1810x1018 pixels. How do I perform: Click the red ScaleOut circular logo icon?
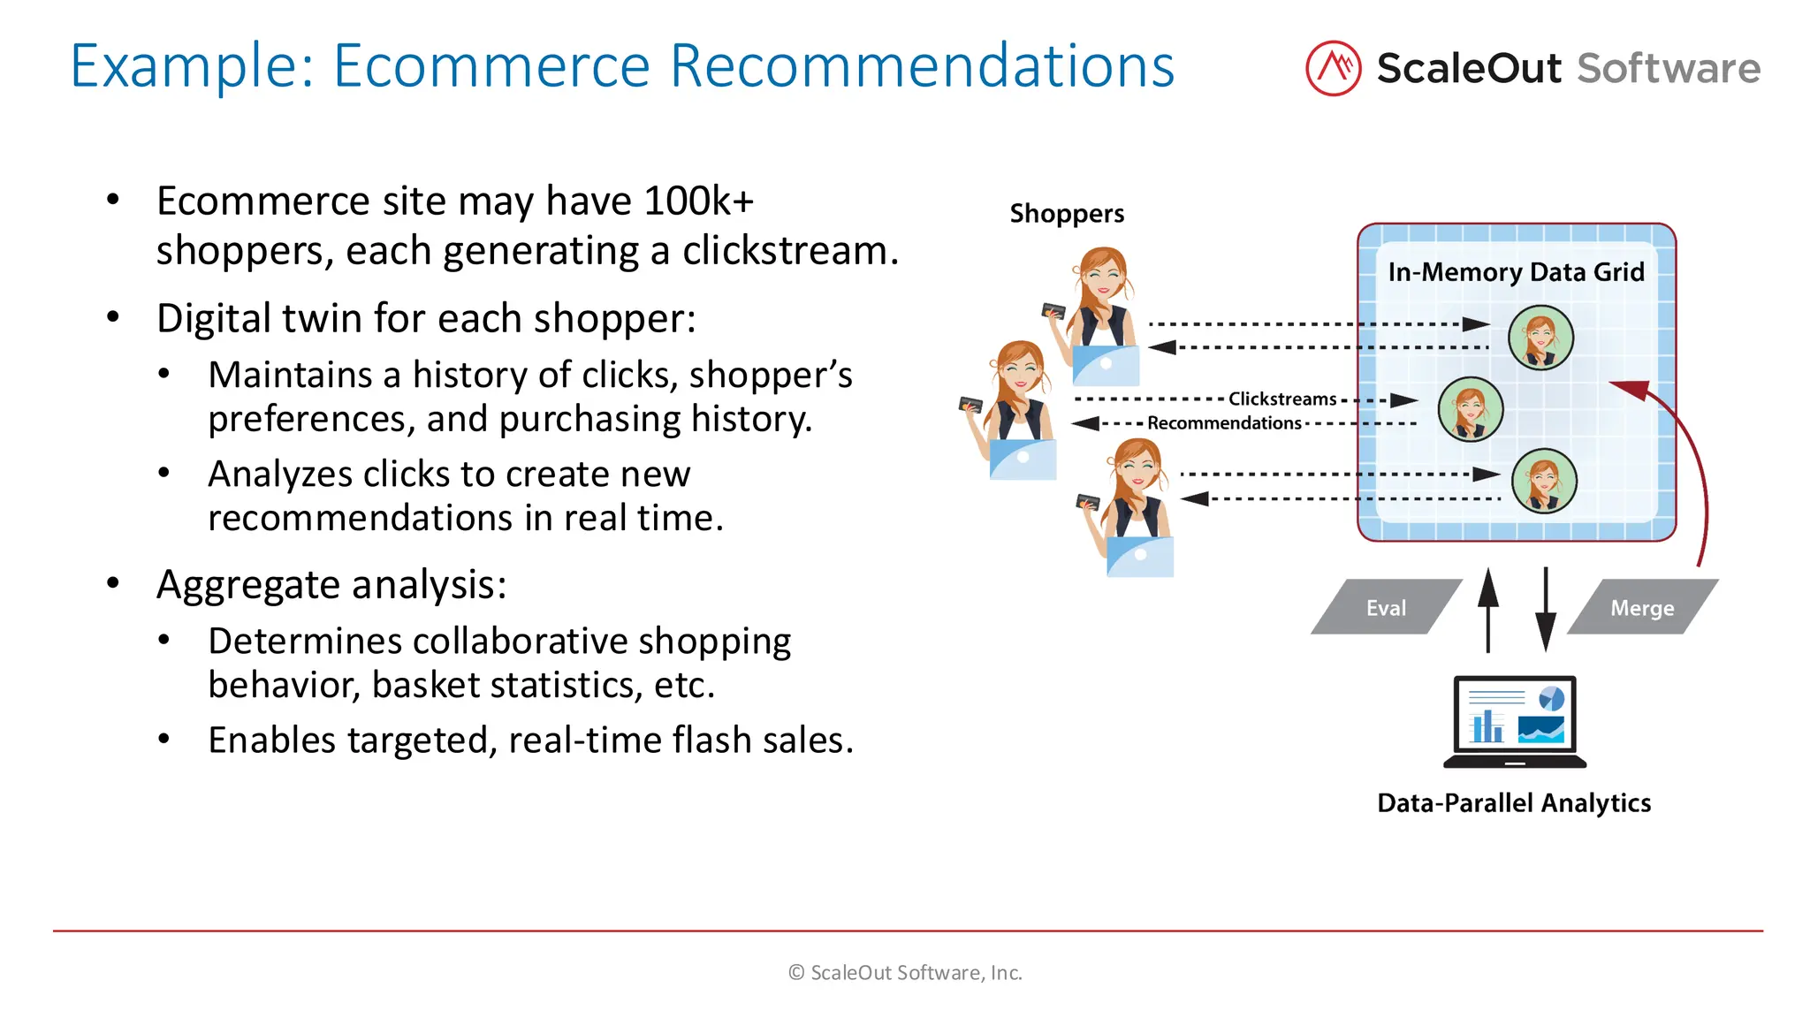coord(1333,68)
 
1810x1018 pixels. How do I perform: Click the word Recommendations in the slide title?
coord(922,66)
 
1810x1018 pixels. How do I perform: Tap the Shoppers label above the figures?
coord(1067,214)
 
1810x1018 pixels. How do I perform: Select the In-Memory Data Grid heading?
coord(1516,272)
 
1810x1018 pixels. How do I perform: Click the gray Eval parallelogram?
coord(1385,608)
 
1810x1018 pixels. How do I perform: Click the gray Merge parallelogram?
coord(1642,608)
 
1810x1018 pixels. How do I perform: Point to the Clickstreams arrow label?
coord(1282,399)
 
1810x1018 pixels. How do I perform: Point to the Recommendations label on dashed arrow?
coord(1224,423)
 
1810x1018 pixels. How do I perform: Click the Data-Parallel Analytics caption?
coord(1514,803)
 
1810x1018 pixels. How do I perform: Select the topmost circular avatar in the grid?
coord(1540,337)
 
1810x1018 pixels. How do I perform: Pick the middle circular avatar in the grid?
coord(1471,409)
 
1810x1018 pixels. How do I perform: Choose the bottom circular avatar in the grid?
coord(1544,481)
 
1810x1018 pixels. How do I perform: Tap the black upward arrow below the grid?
coord(1488,610)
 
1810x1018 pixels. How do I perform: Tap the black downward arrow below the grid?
coord(1546,610)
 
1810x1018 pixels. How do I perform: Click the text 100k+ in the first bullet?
coord(698,201)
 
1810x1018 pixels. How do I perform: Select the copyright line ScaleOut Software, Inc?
coord(905,973)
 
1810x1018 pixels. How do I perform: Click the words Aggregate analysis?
coord(331,585)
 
